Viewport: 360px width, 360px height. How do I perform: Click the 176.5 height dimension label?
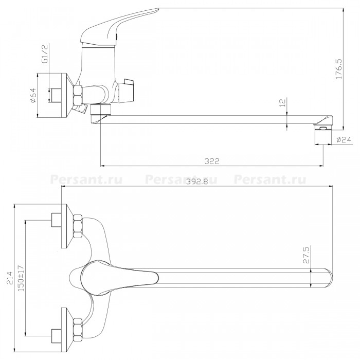point(339,69)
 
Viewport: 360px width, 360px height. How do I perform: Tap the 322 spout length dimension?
point(212,161)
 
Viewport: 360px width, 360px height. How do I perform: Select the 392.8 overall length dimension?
point(197,182)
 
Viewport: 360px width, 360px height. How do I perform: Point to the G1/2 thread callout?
point(45,53)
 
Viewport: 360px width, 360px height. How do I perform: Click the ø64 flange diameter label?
point(33,95)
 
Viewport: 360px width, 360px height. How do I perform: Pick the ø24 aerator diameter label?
point(344,139)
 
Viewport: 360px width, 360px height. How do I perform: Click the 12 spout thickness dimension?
point(283,102)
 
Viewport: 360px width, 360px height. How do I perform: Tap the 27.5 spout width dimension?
point(307,255)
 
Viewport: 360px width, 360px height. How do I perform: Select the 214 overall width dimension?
point(10,278)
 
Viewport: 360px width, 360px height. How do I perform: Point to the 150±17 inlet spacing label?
point(21,278)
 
